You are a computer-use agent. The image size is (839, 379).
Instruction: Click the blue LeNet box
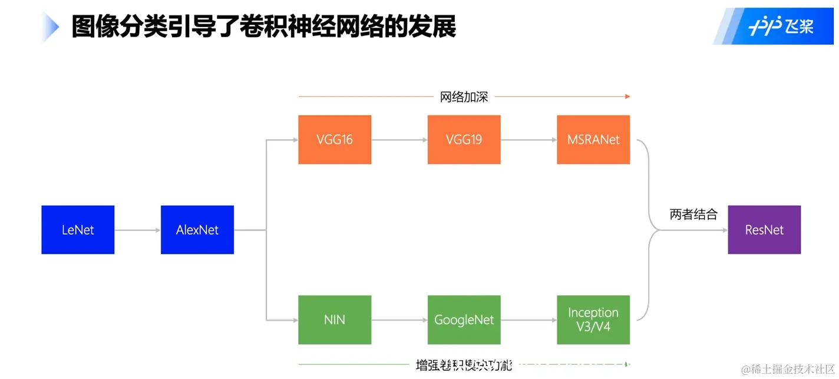click(x=78, y=230)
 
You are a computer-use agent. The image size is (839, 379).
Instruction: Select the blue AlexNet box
click(x=197, y=230)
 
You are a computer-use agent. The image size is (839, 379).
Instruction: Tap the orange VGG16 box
click(x=335, y=140)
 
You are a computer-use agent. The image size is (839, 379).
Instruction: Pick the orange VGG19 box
click(x=464, y=140)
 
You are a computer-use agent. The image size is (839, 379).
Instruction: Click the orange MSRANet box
click(x=593, y=140)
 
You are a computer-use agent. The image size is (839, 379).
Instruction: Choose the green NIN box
click(x=335, y=320)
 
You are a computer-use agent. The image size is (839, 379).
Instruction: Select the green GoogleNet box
click(x=464, y=320)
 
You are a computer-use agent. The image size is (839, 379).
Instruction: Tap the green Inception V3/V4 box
click(x=593, y=319)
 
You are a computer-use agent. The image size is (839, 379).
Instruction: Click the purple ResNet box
click(x=764, y=230)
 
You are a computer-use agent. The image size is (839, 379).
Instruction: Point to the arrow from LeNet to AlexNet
click(x=137, y=230)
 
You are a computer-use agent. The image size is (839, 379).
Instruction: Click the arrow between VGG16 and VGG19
click(x=399, y=140)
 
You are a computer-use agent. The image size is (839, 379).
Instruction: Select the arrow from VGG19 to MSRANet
click(x=528, y=140)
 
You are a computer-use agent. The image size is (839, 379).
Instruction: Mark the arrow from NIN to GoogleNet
click(x=399, y=320)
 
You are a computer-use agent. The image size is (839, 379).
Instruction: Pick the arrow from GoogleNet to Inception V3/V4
click(x=528, y=320)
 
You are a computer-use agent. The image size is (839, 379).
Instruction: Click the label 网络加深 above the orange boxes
click(x=464, y=97)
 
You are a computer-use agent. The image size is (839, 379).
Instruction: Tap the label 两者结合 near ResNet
click(x=693, y=215)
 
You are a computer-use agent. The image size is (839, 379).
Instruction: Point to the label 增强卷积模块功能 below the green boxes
click(x=464, y=365)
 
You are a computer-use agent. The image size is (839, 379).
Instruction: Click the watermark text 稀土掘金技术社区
click(x=788, y=369)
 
